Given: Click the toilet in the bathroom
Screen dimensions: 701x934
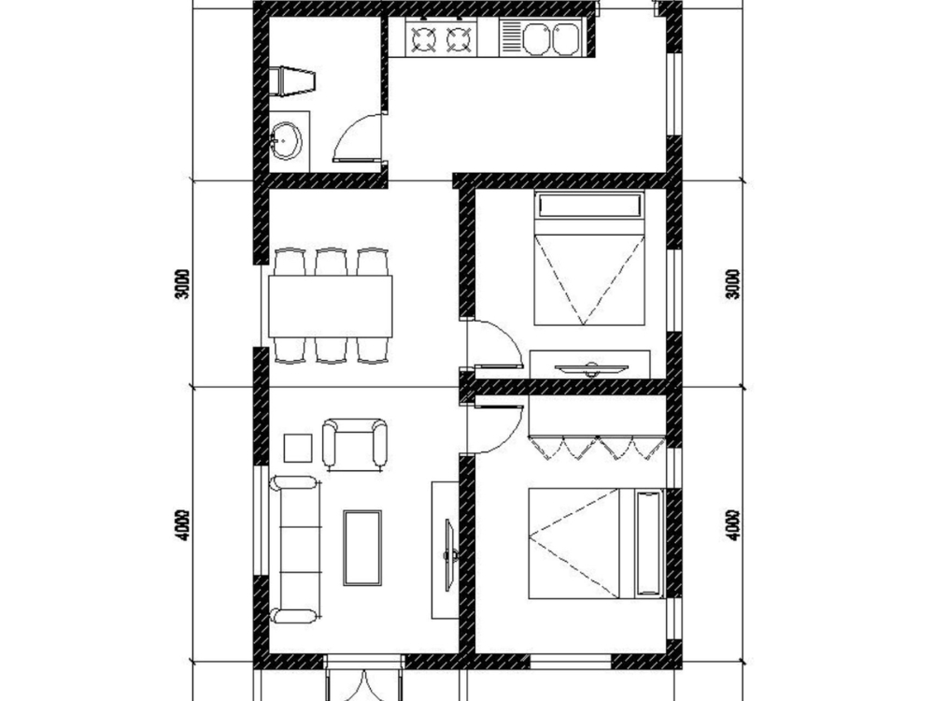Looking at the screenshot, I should [292, 79].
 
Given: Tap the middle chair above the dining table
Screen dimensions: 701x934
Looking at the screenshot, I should [331, 262].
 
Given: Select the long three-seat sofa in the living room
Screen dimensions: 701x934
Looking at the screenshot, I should [294, 549].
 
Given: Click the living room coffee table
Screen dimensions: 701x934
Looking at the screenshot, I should [362, 548].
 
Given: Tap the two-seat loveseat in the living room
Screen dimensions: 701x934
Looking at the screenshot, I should [354, 444].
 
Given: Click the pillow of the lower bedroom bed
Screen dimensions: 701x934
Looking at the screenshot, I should [646, 543].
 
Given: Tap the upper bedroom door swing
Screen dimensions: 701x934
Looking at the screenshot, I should [496, 343].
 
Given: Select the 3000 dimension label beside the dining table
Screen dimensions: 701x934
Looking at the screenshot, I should [183, 284].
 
